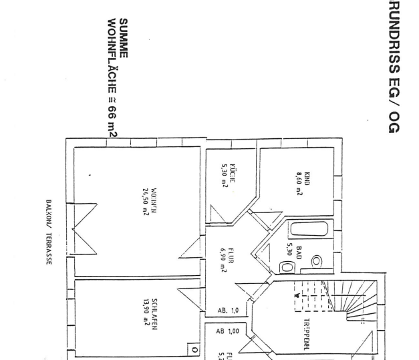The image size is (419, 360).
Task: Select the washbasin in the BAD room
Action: (x=316, y=261)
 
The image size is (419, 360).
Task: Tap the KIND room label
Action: (x=307, y=178)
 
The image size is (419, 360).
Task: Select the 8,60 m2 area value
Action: (x=298, y=180)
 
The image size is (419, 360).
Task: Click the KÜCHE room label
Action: (x=232, y=176)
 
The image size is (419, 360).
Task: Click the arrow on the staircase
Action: (x=296, y=293)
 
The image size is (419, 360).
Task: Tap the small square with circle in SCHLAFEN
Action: (x=194, y=349)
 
